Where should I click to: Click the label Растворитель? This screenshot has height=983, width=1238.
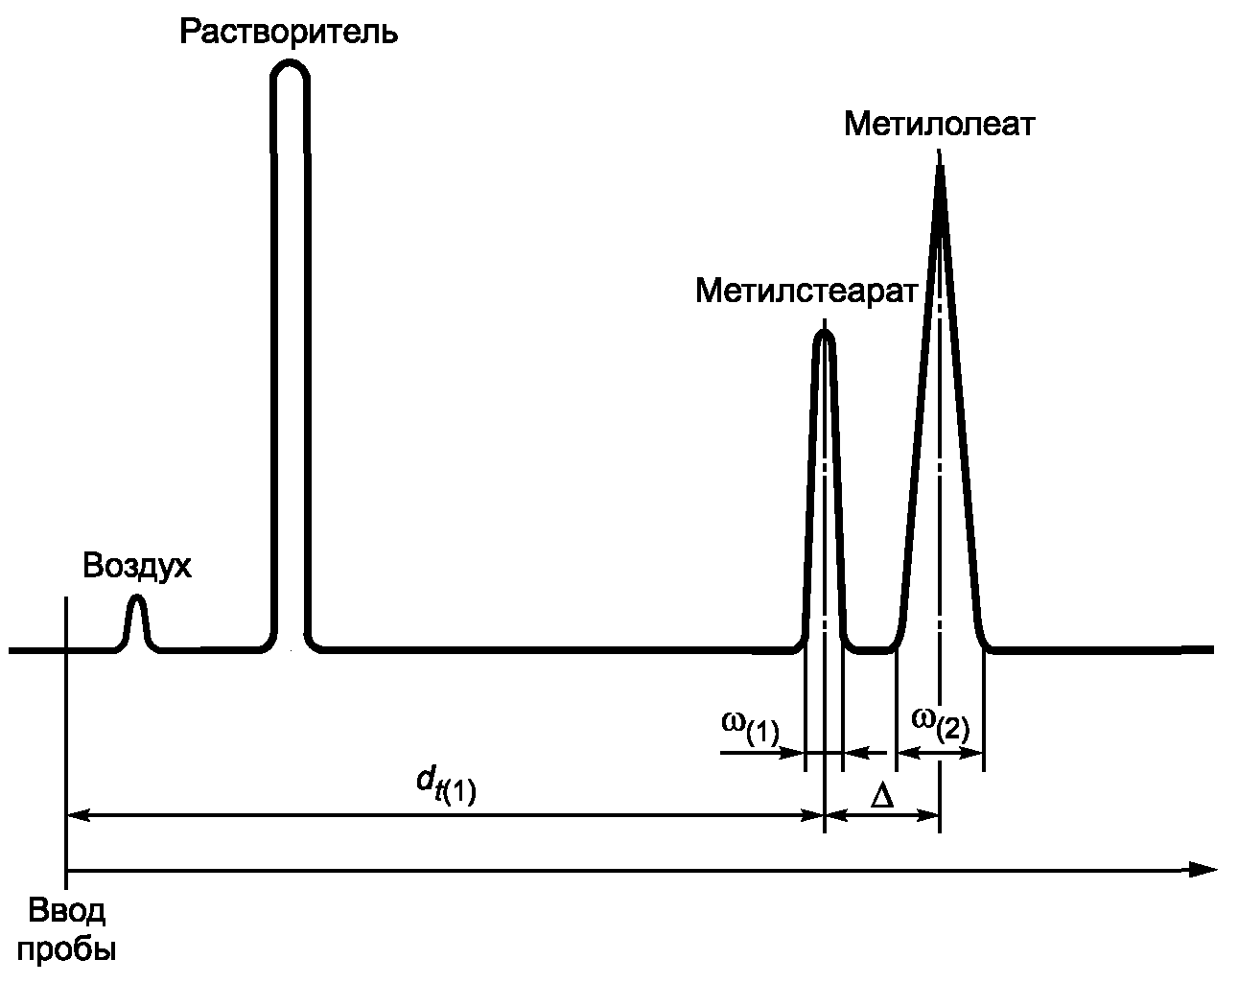[289, 33]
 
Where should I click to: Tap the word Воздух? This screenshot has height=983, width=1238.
[137, 566]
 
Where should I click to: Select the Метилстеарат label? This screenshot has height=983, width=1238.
[806, 290]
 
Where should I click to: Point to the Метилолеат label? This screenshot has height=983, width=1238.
[940, 125]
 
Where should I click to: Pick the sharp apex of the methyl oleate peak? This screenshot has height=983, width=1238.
[940, 169]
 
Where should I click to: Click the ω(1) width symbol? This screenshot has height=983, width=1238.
[750, 726]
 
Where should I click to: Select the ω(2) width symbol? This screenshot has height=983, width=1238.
[940, 721]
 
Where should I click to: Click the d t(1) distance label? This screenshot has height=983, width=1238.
[446, 787]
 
